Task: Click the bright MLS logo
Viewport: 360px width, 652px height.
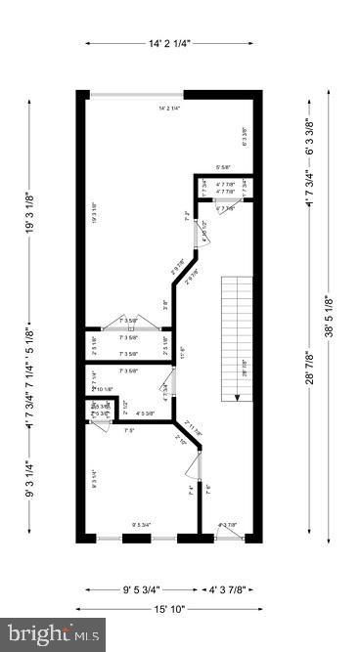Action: pos(53,634)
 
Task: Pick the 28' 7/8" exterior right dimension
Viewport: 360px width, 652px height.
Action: pos(309,368)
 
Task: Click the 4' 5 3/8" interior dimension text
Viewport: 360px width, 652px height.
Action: pos(146,413)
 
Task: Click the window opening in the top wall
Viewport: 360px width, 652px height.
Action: pos(135,93)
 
